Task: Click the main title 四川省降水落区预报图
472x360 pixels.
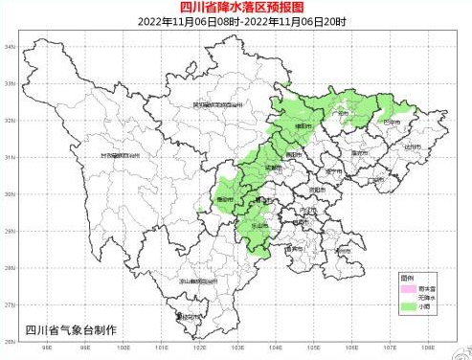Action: tap(236, 8)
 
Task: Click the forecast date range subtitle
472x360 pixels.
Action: tap(236, 20)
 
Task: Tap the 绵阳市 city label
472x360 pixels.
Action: tap(304, 124)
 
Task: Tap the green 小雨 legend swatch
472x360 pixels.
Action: tap(409, 307)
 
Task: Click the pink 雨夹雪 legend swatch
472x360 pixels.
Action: tap(409, 287)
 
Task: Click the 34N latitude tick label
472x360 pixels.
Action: tap(9, 46)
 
